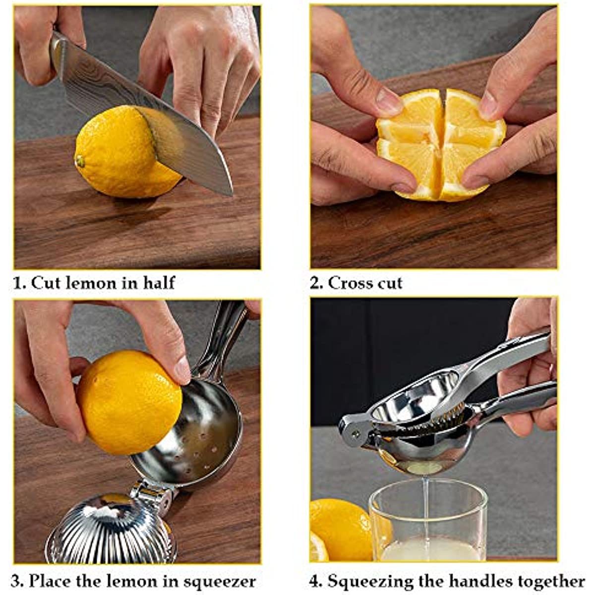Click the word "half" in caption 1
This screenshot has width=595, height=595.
pos(159,283)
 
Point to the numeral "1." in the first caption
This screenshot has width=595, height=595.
pos(19,283)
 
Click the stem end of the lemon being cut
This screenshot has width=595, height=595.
pos(79,161)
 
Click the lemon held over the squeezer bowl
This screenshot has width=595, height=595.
pos(129,402)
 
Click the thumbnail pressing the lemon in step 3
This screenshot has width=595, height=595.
pos(182,369)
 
